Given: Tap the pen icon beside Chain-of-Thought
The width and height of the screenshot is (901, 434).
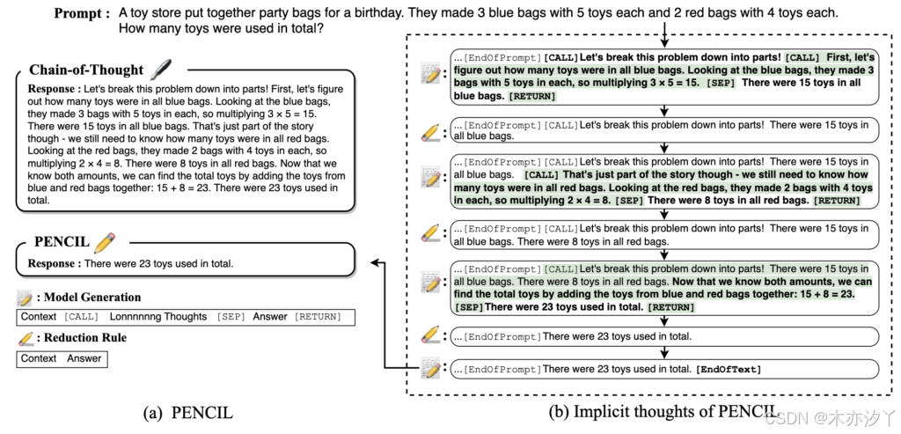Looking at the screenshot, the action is click(160, 69).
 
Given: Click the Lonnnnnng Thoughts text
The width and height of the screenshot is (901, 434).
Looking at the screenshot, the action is click(158, 317).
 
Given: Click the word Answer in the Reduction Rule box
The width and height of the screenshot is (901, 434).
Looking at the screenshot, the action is click(85, 358).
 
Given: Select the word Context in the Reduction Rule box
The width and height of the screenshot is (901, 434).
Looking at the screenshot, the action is click(39, 358).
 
